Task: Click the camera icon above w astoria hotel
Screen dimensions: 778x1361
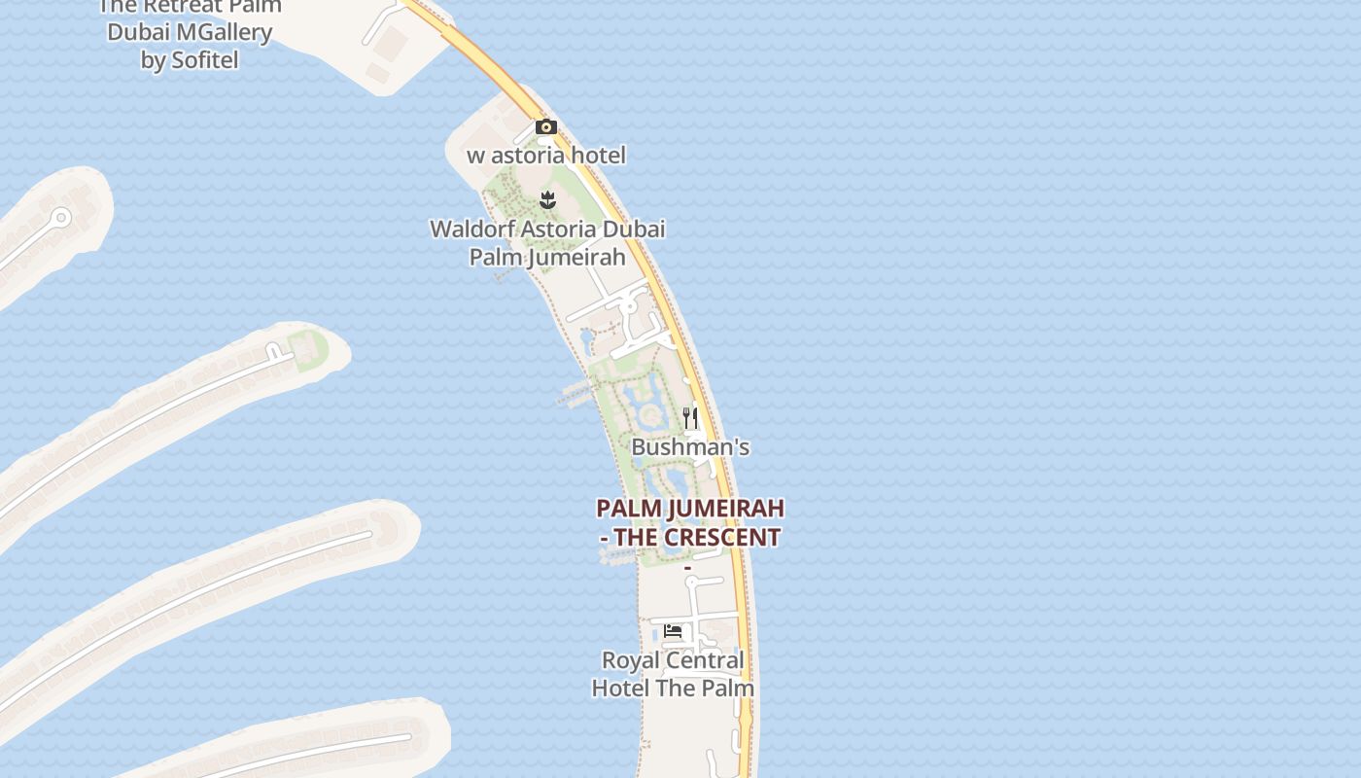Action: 546,127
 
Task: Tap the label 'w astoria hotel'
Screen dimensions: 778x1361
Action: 546,156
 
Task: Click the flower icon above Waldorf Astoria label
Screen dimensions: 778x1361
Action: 547,201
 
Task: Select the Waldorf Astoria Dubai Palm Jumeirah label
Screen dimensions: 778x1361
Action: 547,243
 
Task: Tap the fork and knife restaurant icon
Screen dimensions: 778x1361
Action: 690,418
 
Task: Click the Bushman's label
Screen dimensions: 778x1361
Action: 690,447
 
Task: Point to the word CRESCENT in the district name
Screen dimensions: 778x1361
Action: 724,538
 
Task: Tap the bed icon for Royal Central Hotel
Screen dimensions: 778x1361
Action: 673,631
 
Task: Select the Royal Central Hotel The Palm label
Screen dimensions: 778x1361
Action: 673,674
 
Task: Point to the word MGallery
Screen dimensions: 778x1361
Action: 223,32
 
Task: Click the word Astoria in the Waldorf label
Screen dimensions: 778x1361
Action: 562,230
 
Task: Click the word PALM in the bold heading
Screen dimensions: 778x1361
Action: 622,509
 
